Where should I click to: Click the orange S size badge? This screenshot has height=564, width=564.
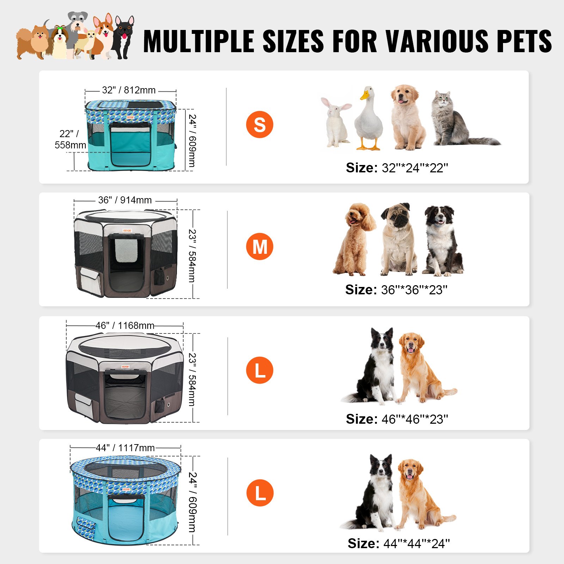pos(259,124)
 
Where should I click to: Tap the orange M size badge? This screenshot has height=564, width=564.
pos(259,246)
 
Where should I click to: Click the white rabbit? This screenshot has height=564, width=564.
pos(336,122)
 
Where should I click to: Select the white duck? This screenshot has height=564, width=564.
pos(368,120)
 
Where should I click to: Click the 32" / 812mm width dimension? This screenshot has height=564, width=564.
pos(129,90)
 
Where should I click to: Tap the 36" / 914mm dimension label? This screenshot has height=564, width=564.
pos(125,200)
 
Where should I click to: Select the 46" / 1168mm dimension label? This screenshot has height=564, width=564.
pos(125,325)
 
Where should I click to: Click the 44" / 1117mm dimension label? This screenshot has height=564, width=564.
pos(125,448)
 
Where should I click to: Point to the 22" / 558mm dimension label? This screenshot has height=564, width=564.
pos(70,139)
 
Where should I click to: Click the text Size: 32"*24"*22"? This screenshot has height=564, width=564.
pos(397,168)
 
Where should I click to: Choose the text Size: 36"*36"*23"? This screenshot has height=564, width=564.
pos(396,290)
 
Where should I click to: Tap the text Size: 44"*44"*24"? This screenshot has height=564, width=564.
pos(399,544)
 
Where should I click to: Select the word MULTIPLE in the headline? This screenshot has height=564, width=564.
pos(199,41)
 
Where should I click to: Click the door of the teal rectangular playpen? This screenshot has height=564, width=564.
pos(130,145)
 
